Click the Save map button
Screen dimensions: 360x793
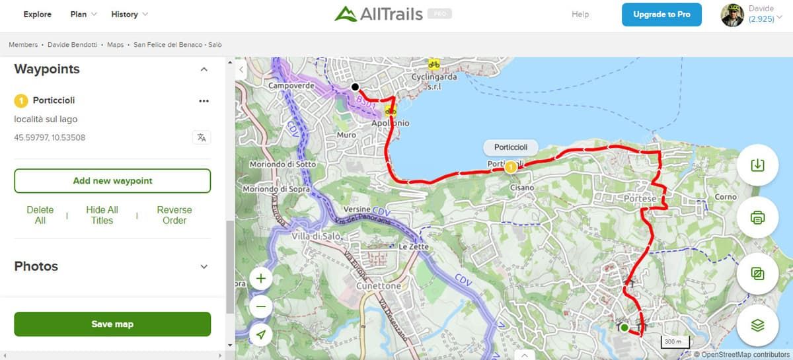[x=112, y=324]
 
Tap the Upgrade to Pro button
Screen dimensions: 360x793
[x=661, y=15]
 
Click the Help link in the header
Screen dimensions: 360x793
[x=580, y=15]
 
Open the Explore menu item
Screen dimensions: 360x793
[x=38, y=15]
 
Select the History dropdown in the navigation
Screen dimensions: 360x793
[x=130, y=15]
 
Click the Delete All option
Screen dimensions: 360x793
[x=40, y=215]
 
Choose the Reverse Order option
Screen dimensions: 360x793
[x=174, y=215]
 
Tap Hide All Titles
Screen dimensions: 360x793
[x=102, y=215]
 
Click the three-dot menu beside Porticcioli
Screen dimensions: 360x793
[x=204, y=101]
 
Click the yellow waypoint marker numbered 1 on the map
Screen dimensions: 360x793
[x=511, y=168]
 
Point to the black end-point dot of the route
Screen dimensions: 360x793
[x=355, y=87]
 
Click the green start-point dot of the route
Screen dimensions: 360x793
[x=624, y=327]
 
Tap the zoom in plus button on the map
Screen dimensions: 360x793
[x=261, y=279]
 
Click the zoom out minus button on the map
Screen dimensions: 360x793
[x=261, y=306]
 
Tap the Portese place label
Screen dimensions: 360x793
[x=640, y=199]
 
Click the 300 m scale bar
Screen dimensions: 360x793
[x=675, y=342]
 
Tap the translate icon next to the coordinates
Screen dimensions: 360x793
[x=202, y=137]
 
